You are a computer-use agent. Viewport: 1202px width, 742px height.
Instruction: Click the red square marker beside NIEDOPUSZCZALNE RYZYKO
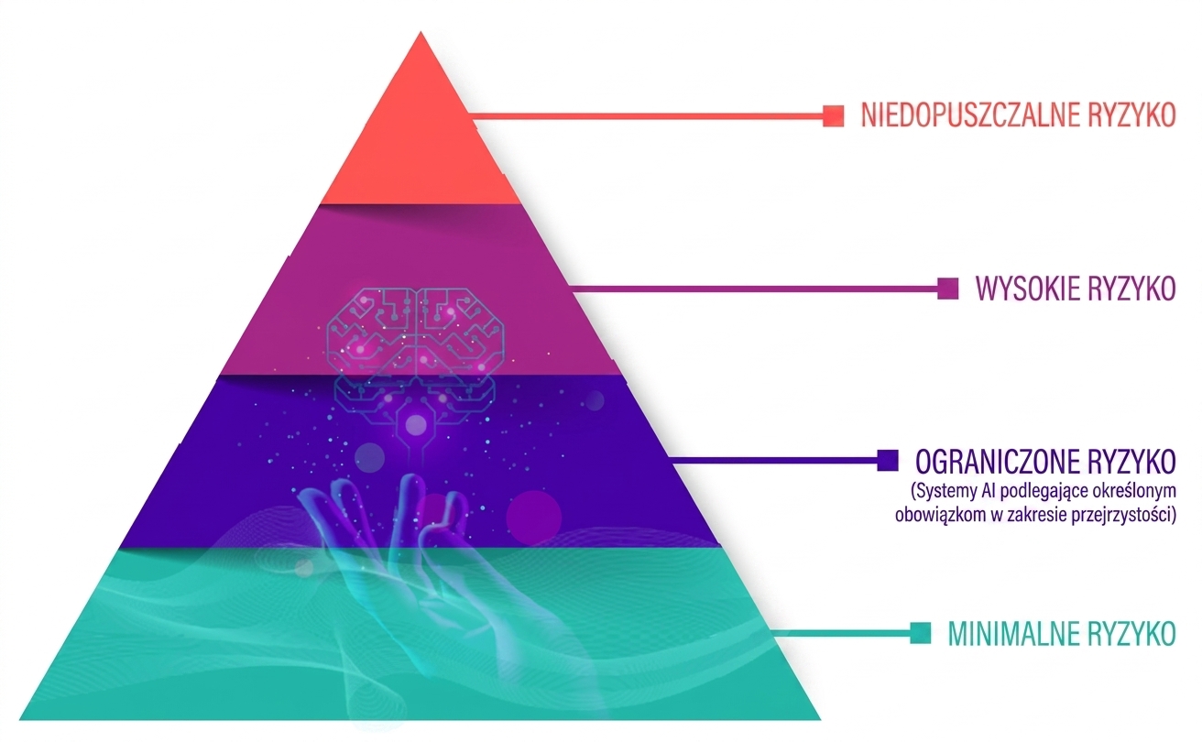click(834, 115)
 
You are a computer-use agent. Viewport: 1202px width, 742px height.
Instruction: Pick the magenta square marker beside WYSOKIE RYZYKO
click(947, 289)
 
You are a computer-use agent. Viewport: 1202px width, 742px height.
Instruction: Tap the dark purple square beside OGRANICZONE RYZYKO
click(888, 461)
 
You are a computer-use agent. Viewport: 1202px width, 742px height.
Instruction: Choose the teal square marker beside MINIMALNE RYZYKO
click(921, 633)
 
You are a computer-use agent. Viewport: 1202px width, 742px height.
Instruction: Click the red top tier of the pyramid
click(421, 139)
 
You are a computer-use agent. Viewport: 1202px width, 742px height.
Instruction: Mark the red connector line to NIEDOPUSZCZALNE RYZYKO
click(646, 115)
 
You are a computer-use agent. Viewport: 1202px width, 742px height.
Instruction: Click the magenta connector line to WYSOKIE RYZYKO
click(755, 289)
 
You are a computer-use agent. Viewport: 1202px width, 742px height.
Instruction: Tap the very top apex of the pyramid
click(421, 32)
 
